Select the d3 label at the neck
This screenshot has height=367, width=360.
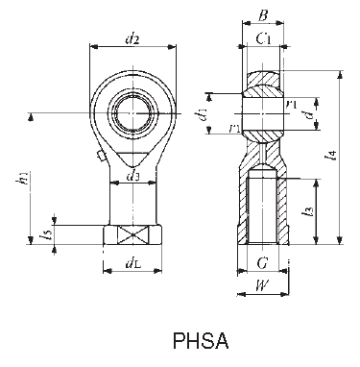[x=133, y=176]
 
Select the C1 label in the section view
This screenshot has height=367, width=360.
[x=263, y=39]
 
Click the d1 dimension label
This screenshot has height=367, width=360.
[x=201, y=115]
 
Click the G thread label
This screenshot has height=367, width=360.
[x=263, y=261]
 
